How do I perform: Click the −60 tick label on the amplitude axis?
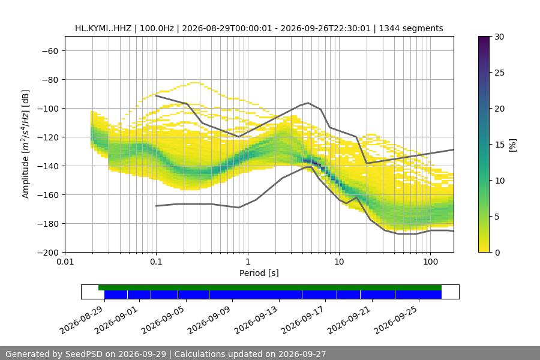coord(50,51)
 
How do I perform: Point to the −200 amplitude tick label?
coord(48,253)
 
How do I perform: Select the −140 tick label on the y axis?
coord(48,166)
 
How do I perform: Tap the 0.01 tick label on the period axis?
coord(65,262)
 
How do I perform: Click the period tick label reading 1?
coord(248,262)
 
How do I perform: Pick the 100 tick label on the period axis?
coord(430,262)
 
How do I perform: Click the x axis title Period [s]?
coord(259,273)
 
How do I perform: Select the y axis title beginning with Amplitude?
coord(26,144)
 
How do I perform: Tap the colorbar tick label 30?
coord(499,37)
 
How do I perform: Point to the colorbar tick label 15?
coord(499,145)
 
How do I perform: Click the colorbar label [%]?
coord(513,145)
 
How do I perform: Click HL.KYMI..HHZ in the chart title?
coord(103,28)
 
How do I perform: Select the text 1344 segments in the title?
coord(411,28)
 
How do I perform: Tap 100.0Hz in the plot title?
coord(157,28)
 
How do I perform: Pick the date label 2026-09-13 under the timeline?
coord(256,320)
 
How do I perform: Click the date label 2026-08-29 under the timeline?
coord(81,320)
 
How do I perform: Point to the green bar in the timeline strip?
coord(270,287)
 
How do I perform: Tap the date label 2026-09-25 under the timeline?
coord(396,320)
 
